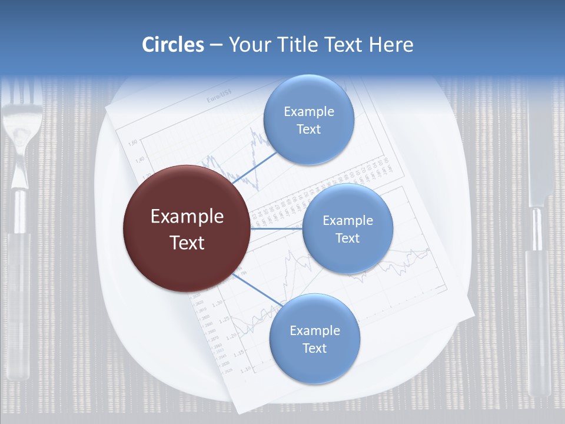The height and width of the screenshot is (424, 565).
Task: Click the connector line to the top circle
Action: coord(255,168)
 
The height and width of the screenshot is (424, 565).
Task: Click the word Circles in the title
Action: coord(172,45)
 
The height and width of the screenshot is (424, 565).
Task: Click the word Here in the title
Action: coord(391,45)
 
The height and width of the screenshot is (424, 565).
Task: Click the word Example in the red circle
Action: coord(187,217)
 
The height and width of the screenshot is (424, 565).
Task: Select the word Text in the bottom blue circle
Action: coord(314,348)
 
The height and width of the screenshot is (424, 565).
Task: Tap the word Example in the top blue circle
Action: coord(309,111)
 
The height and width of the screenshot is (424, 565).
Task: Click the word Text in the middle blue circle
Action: coord(347,238)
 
